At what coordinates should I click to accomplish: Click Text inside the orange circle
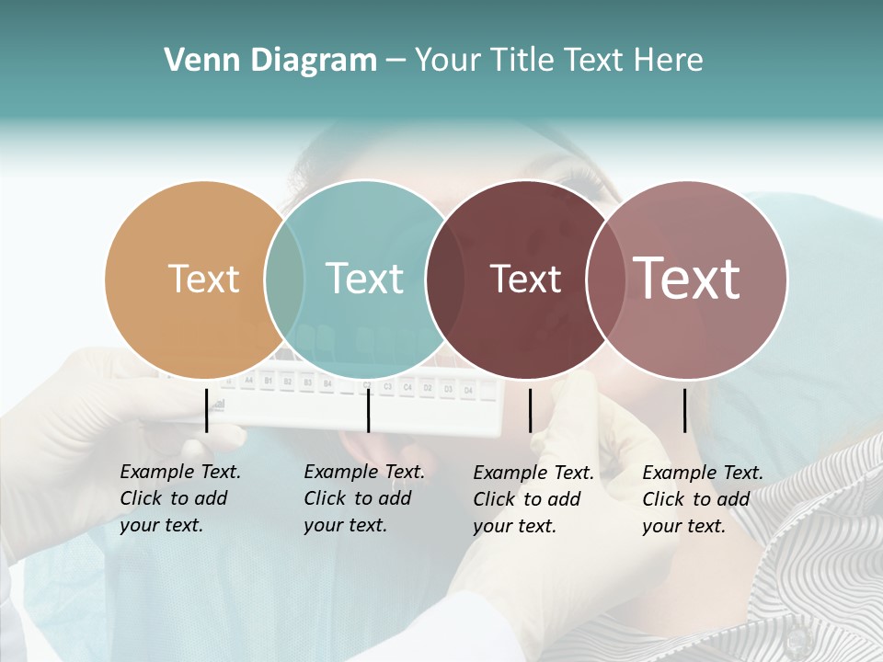[203, 279]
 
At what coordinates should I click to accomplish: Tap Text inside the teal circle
[364, 279]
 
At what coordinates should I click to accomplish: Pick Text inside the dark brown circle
[525, 279]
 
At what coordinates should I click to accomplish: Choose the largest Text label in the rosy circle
[686, 279]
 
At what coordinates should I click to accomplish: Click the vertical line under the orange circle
[207, 410]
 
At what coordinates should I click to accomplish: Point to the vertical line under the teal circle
[368, 410]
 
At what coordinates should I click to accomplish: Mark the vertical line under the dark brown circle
[530, 410]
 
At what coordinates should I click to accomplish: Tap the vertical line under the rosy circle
[685, 410]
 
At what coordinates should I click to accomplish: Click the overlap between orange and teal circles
[284, 280]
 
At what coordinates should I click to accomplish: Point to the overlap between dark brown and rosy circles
[605, 280]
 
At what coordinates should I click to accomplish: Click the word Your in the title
[448, 61]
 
